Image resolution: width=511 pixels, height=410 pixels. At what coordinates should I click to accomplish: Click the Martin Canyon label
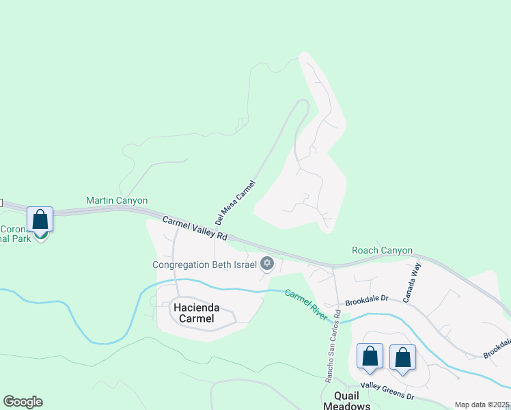click(117, 200)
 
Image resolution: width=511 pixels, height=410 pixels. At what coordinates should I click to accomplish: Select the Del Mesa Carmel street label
click(234, 203)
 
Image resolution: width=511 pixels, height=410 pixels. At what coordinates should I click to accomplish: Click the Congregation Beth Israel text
click(204, 264)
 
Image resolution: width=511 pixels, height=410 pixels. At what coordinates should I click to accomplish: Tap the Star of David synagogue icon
click(267, 264)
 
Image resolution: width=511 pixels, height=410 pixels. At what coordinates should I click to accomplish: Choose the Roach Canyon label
click(382, 250)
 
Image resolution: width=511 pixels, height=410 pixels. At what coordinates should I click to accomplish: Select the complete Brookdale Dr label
click(366, 299)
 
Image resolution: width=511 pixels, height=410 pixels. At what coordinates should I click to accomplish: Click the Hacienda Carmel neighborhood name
click(194, 313)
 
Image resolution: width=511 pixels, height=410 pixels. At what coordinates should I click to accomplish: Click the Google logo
click(23, 402)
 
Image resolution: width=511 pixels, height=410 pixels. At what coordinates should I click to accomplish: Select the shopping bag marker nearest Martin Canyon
click(40, 220)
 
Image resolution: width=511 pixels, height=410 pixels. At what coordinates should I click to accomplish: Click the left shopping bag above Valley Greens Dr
click(370, 357)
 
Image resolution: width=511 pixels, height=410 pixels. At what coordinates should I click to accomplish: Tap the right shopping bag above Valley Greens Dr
click(402, 357)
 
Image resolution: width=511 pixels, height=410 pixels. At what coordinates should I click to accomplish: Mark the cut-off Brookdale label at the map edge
click(498, 348)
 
